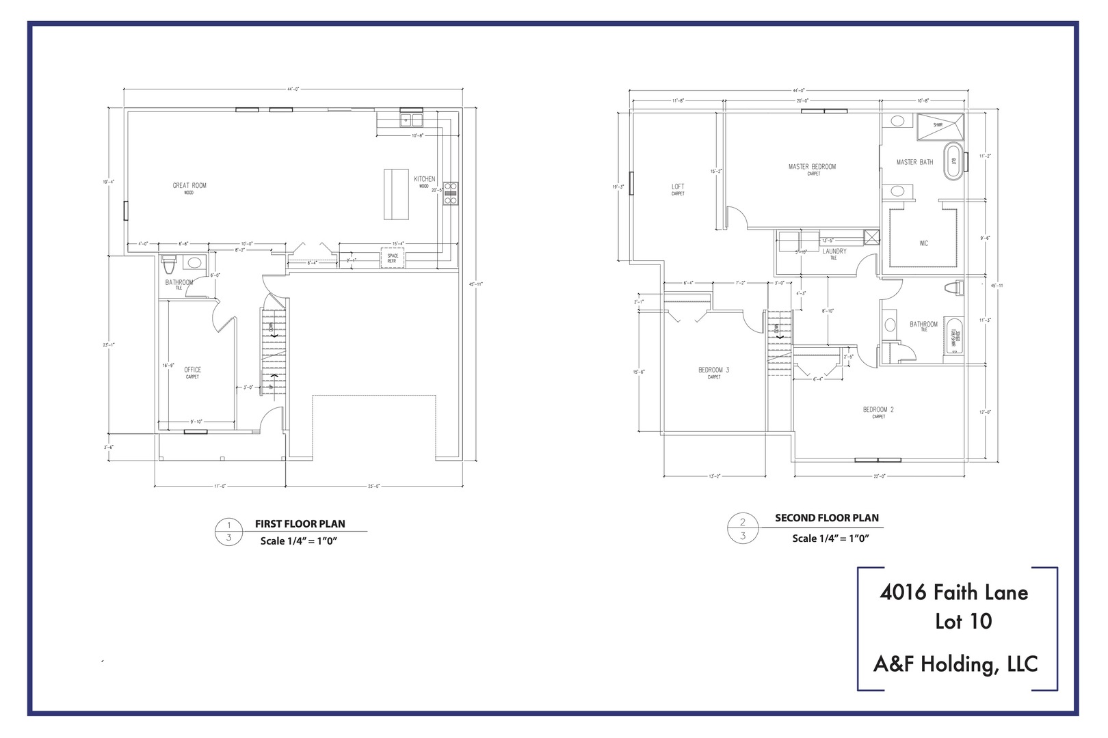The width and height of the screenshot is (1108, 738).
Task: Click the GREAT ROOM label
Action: pyautogui.click(x=189, y=186)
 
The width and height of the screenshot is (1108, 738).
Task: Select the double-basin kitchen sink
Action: pyautogui.click(x=412, y=121)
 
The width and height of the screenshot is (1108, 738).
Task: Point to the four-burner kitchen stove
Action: pyautogui.click(x=450, y=193)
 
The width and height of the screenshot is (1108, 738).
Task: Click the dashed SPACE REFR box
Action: pyautogui.click(x=393, y=259)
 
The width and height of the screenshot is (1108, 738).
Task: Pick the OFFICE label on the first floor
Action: pyautogui.click(x=193, y=370)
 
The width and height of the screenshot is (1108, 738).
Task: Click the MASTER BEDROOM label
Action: pyautogui.click(x=812, y=167)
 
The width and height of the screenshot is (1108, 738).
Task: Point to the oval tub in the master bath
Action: pyautogui.click(x=952, y=161)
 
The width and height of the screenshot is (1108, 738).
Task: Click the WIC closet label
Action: pyautogui.click(x=924, y=244)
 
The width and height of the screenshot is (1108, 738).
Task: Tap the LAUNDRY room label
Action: pyautogui.click(x=834, y=251)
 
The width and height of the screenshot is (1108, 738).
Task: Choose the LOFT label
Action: pyautogui.click(x=678, y=187)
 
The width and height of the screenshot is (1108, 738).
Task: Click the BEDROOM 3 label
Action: pyautogui.click(x=713, y=370)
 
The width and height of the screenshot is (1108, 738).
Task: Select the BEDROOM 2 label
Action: pyautogui.click(x=878, y=410)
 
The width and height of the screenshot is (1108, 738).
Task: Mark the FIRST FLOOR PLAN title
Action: pyautogui.click(x=300, y=524)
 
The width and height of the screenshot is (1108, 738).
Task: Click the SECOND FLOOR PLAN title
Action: pyautogui.click(x=826, y=518)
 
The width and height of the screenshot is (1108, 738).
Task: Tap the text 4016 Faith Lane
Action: pyautogui.click(x=953, y=592)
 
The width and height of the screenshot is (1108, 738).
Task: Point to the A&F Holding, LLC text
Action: pyautogui.click(x=955, y=664)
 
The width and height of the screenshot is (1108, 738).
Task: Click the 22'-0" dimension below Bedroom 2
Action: pyautogui.click(x=880, y=476)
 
